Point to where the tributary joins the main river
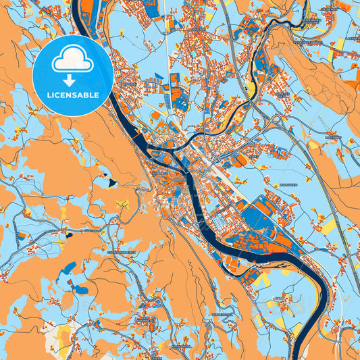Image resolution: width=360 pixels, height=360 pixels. pos(177,152)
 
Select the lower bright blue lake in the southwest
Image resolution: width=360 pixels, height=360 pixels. pos(81,290)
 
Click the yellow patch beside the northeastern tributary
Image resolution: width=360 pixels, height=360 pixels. pos(251,90)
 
